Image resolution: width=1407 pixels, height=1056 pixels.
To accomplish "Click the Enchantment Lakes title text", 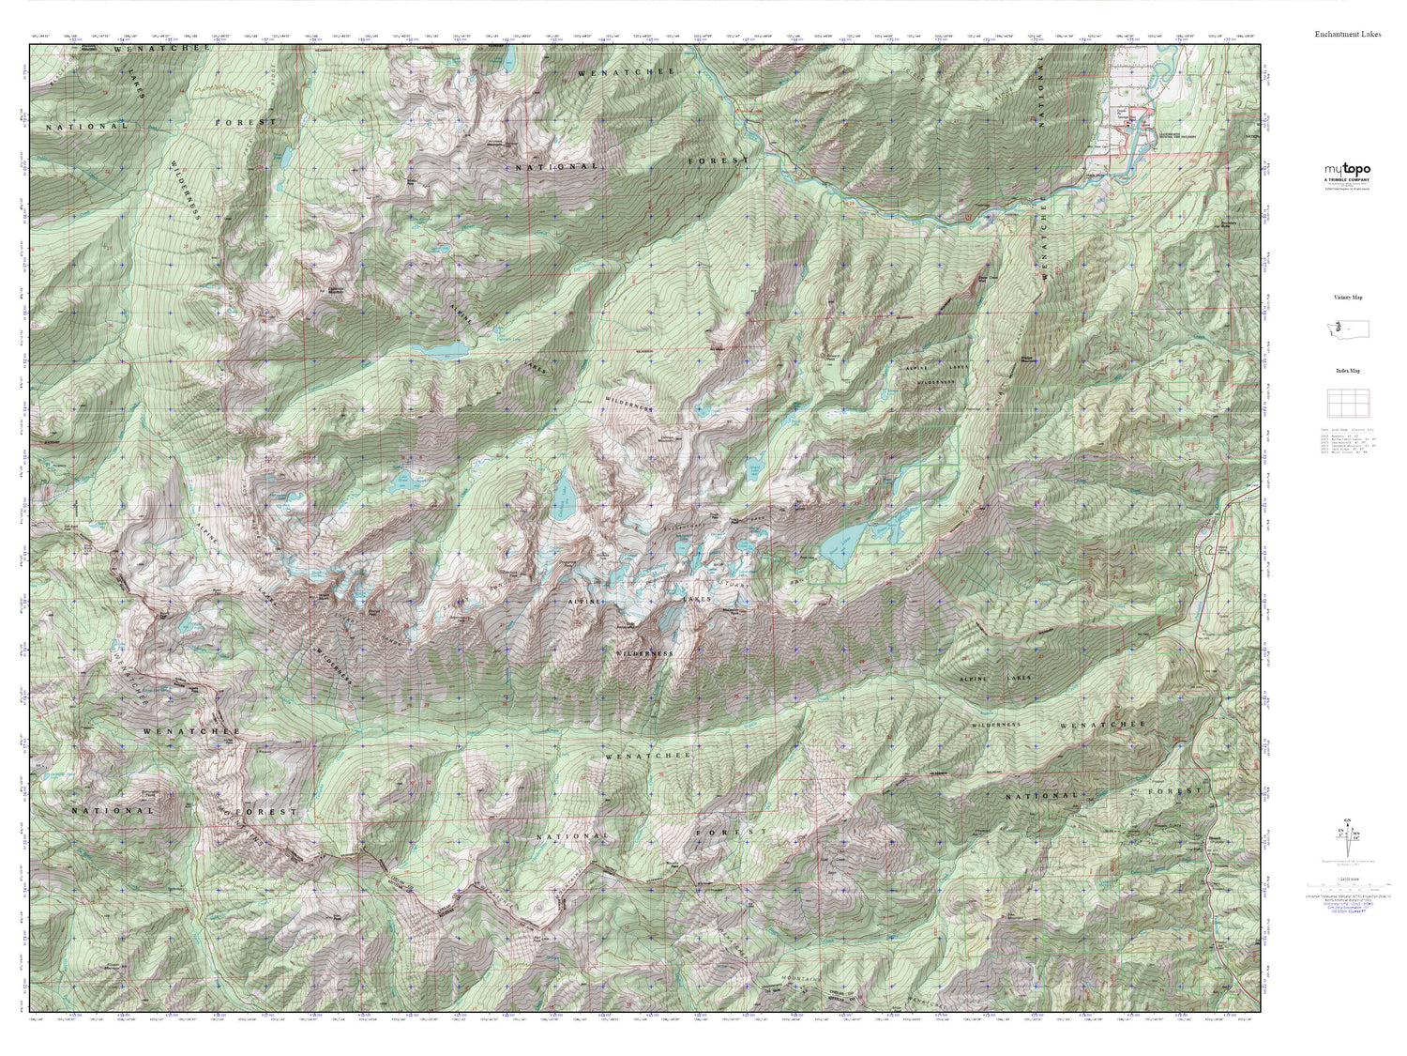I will point(1347,34).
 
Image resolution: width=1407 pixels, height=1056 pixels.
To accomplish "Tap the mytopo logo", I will point(1347,169).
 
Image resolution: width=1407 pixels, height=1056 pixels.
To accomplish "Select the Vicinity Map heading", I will point(1347,297).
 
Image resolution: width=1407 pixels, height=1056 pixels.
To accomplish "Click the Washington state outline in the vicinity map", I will point(1347,329).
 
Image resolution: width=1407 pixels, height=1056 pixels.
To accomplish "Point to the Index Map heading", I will point(1347,371).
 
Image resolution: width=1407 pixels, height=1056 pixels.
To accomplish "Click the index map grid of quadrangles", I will point(1347,404).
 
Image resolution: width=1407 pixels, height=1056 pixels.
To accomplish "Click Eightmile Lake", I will point(441,350).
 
